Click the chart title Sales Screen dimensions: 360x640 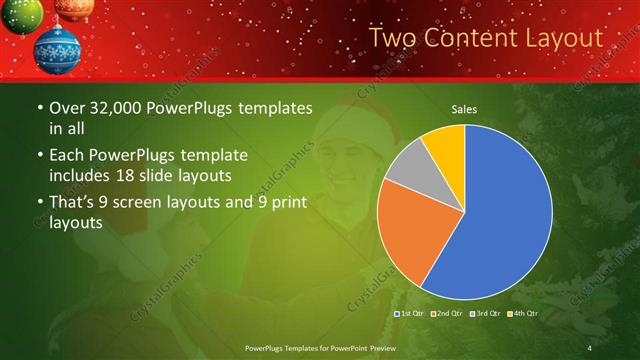pyautogui.click(x=464, y=108)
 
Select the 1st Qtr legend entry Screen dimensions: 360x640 pyautogui.click(x=410, y=314)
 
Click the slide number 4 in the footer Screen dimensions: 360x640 pyautogui.click(x=590, y=347)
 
